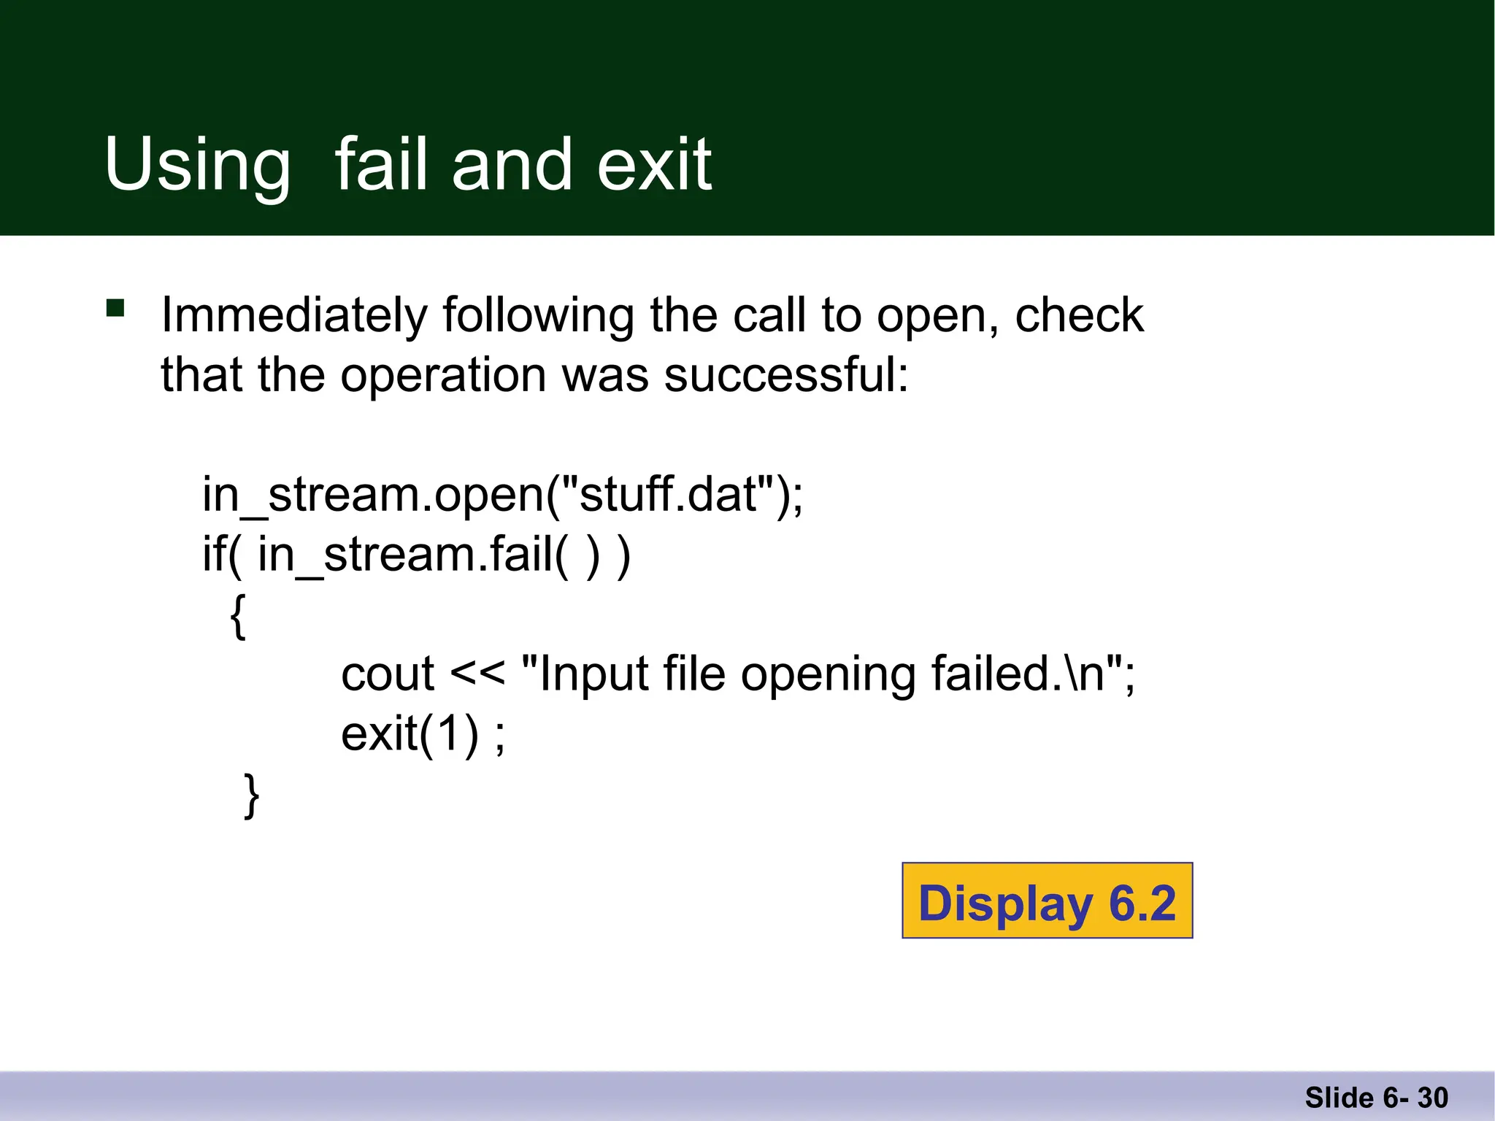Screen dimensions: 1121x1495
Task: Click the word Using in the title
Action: click(197, 165)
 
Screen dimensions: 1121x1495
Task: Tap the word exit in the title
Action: click(653, 165)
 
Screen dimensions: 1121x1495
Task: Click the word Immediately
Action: click(294, 315)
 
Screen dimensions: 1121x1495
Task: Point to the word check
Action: click(1079, 315)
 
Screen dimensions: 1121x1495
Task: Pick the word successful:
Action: click(786, 375)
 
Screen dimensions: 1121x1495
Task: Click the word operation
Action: click(443, 375)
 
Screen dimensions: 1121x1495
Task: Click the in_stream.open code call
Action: click(372, 496)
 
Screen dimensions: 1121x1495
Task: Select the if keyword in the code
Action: click(214, 554)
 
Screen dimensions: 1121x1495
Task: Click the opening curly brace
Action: click(238, 617)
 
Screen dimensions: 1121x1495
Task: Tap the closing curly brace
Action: click(251, 796)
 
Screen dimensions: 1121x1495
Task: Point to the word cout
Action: click(388, 674)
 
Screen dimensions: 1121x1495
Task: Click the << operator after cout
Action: click(477, 674)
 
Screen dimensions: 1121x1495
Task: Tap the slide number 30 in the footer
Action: click(1432, 1098)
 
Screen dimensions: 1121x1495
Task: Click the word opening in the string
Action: click(828, 675)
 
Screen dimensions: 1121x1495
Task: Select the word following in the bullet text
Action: click(538, 315)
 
